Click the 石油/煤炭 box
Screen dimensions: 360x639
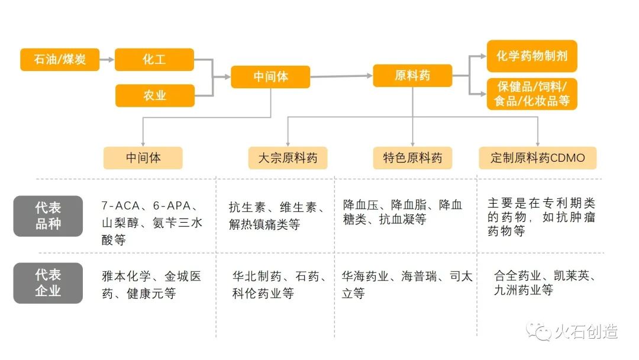60,59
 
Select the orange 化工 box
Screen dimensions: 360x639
154,59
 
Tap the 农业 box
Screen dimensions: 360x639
154,95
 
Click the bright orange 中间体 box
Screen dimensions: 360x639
270,76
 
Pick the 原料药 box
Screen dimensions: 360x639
412,75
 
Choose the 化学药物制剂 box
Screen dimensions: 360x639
531,56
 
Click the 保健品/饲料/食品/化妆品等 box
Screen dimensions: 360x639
531,94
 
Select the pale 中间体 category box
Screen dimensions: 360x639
143,158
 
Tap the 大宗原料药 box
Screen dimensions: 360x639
288,158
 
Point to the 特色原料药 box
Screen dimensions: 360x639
412,158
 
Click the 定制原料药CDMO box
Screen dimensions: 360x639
537,158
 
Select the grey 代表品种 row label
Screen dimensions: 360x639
48,216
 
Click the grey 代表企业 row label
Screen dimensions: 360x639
48,283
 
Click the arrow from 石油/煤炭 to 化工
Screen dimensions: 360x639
106,59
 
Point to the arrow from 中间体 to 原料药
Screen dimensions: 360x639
341,76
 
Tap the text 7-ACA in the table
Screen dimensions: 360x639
121,206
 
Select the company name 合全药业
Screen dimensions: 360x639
518,276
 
